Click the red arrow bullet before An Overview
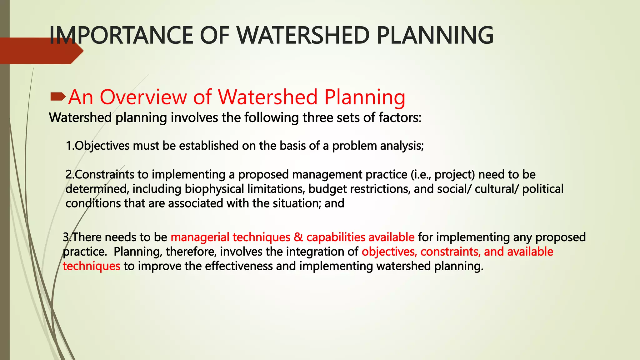tap(58, 97)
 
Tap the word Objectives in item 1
tap(102, 146)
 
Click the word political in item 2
tap(543, 189)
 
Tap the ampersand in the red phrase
tap(298, 237)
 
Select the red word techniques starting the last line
tap(91, 266)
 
